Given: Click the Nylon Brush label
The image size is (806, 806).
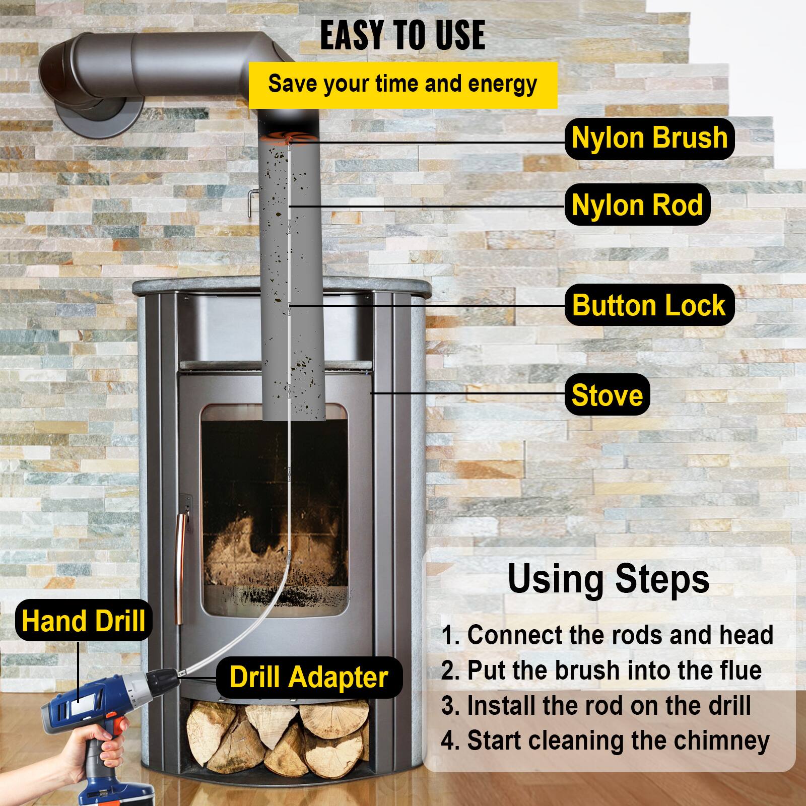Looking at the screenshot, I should (x=649, y=139).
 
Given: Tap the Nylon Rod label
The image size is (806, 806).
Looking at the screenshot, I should (x=637, y=205).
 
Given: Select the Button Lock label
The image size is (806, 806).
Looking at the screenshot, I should (x=649, y=305).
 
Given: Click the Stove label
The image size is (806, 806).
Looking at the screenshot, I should (x=607, y=395).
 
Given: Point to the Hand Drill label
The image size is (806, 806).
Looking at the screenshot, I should (x=83, y=621).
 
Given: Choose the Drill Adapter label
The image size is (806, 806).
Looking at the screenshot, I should (x=308, y=677).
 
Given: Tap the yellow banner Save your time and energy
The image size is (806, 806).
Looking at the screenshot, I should (x=402, y=84).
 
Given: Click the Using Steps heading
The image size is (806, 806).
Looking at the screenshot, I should (x=608, y=579).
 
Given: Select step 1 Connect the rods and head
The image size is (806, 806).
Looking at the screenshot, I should (x=607, y=635).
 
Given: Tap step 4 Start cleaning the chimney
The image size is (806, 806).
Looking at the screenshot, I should (x=605, y=741).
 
